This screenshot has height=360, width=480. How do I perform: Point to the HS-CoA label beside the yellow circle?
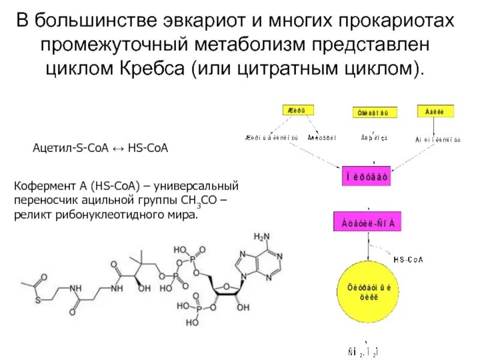[408, 259]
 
